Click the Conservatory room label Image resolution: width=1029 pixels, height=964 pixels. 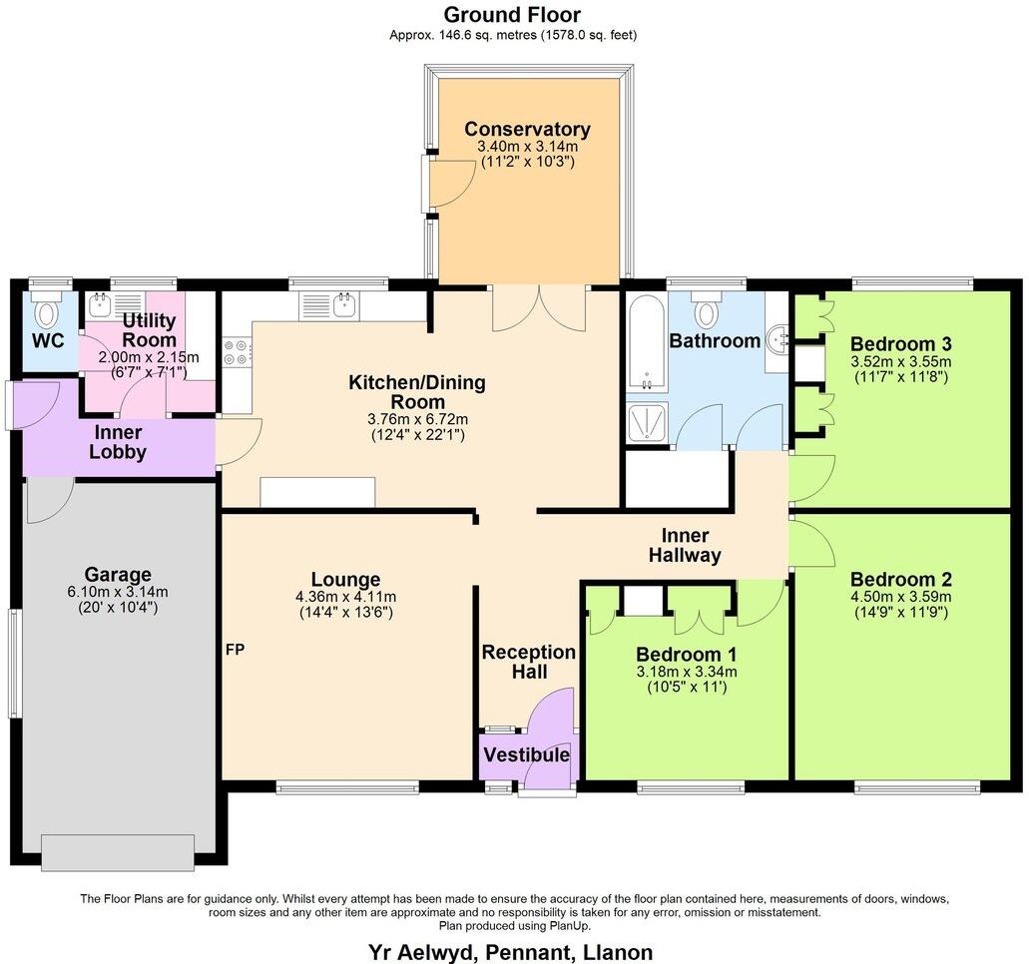point(527,129)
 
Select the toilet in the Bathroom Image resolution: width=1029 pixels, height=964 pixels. point(707,311)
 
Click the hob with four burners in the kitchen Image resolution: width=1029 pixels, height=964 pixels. point(237,352)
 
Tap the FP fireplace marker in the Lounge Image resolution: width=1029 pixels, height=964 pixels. point(235,650)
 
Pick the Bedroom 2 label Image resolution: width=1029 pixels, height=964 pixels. point(900,580)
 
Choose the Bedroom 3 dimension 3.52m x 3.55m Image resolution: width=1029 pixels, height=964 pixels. point(900,361)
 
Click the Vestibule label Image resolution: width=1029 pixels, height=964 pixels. point(526,755)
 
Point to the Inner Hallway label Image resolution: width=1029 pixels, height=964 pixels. point(685,546)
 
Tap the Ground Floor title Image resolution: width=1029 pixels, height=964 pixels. point(512,15)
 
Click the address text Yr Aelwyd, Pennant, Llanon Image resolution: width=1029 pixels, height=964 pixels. point(511,951)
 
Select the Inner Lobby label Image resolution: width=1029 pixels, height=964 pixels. point(118,442)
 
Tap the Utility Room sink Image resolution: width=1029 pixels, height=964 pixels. point(102,304)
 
